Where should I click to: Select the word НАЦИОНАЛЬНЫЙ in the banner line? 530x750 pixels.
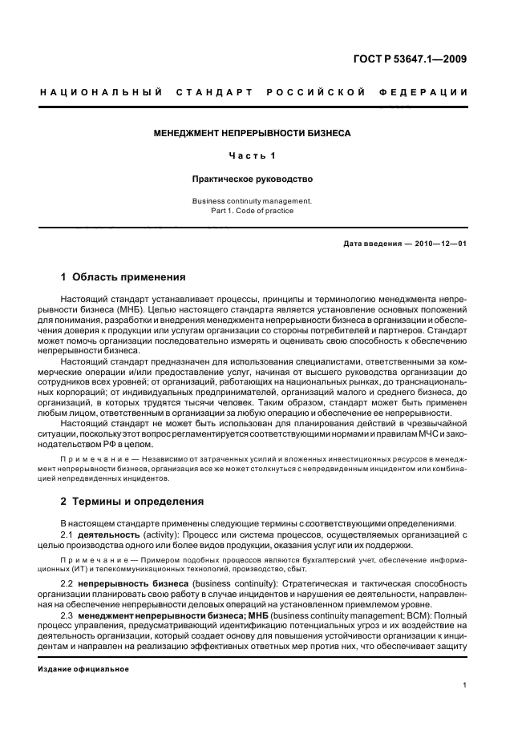91,92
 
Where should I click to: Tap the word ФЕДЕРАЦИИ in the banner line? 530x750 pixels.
431,92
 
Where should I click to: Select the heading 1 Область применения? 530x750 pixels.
123,277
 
